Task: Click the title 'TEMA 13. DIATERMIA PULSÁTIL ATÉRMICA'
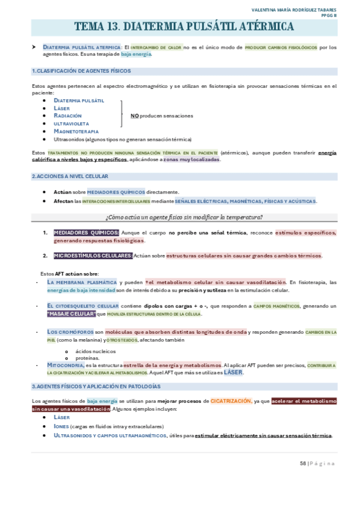pyautogui.click(x=184, y=27)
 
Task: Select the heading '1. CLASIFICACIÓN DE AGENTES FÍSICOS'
pyautogui.click(x=81, y=71)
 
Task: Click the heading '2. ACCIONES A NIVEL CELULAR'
pyautogui.click(x=70, y=176)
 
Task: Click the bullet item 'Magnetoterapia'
pyautogui.click(x=76, y=131)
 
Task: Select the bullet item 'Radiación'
pyautogui.click(x=67, y=115)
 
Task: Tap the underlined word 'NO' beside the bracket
pyautogui.click(x=134, y=115)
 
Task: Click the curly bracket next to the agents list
pyautogui.click(x=122, y=114)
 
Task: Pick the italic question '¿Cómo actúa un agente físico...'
pyautogui.click(x=184, y=217)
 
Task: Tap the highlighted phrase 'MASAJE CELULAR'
pyautogui.click(x=71, y=314)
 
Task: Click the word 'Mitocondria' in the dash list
pyautogui.click(x=66, y=364)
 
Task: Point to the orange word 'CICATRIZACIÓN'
pyautogui.click(x=230, y=401)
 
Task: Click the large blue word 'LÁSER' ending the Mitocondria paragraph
pyautogui.click(x=233, y=372)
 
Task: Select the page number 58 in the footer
pyautogui.click(x=303, y=463)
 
